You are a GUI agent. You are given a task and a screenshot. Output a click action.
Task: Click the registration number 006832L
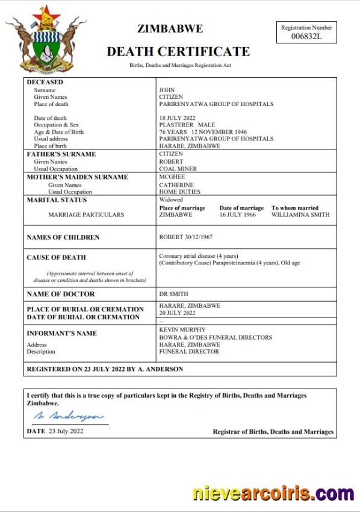(x=306, y=37)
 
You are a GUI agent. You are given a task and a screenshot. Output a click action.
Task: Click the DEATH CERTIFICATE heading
(x=178, y=51)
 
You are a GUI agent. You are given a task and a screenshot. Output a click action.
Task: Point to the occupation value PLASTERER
(x=175, y=125)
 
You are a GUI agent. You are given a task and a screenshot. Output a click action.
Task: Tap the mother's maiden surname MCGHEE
(x=172, y=177)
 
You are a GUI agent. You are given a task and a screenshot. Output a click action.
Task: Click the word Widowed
(x=171, y=199)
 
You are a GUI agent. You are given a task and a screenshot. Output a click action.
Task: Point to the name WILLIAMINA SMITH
(x=300, y=214)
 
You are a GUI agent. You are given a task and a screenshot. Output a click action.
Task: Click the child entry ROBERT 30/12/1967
(x=186, y=237)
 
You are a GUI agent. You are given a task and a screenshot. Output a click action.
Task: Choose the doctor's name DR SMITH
(x=173, y=294)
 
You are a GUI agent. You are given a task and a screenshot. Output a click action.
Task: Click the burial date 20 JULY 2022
(x=177, y=313)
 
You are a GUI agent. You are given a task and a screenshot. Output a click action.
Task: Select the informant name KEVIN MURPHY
(x=182, y=330)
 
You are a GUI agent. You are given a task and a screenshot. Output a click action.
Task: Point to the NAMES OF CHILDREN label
(x=63, y=238)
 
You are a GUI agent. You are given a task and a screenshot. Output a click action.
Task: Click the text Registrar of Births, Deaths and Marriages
(x=273, y=432)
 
